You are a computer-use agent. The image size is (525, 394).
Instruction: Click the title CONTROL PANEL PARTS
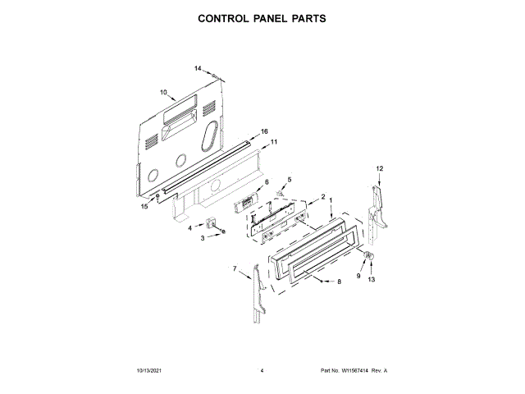pyautogui.click(x=262, y=17)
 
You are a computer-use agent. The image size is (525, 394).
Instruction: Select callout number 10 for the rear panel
pyautogui.click(x=163, y=92)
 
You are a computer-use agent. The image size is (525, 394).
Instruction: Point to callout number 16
pyautogui.click(x=264, y=131)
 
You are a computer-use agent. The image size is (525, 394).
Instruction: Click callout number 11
pyautogui.click(x=274, y=142)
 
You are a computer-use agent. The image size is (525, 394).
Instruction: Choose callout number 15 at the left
pyautogui.click(x=144, y=207)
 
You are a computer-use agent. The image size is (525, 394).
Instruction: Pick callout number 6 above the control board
pyautogui.click(x=267, y=181)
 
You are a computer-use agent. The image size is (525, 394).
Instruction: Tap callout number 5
pyautogui.click(x=289, y=179)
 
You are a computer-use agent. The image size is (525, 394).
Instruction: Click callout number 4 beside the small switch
pyautogui.click(x=189, y=227)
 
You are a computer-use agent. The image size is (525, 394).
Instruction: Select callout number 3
pyautogui.click(x=203, y=238)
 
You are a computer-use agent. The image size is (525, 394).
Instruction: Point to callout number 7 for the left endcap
pyautogui.click(x=234, y=268)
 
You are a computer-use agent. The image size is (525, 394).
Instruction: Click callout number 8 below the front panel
pyautogui.click(x=339, y=282)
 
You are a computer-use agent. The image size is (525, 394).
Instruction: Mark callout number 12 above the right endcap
pyautogui.click(x=380, y=168)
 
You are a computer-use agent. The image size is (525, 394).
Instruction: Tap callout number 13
pyautogui.click(x=370, y=280)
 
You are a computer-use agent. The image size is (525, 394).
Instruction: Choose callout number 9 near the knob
pyautogui.click(x=358, y=277)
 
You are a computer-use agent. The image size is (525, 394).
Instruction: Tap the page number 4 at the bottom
pyautogui.click(x=262, y=371)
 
